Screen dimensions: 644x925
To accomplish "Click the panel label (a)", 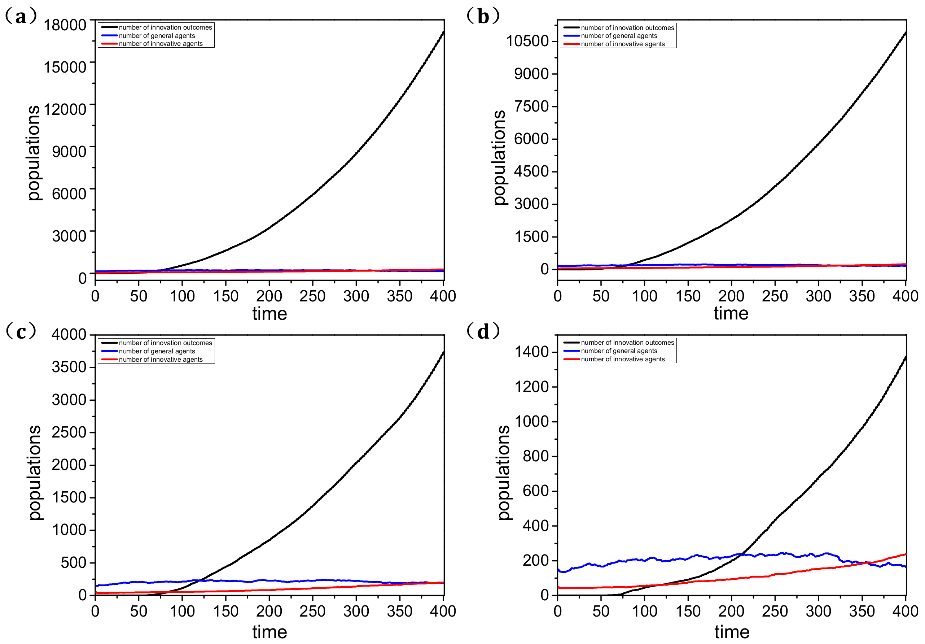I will coord(21,16).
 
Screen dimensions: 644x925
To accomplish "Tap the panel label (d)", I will coord(483,331).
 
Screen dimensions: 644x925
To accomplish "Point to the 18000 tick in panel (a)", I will coord(65,25).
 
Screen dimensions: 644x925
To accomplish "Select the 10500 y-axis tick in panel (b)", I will coord(527,41).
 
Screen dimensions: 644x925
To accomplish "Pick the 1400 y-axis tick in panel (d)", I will coord(531,352).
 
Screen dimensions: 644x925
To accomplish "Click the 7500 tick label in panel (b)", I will coord(531,106).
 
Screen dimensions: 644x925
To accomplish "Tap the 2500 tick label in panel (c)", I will coord(69,432).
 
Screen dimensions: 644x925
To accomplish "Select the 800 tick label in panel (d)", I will coord(535,456).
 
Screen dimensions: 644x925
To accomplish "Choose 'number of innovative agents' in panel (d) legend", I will coord(622,359).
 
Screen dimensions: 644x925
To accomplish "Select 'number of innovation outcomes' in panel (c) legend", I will coord(165,343).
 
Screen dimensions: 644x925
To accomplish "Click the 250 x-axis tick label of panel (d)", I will coord(774,612).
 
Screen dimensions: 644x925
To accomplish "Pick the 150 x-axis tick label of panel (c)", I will coord(225,612).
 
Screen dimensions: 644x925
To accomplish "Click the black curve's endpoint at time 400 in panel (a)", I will coord(443,31).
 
